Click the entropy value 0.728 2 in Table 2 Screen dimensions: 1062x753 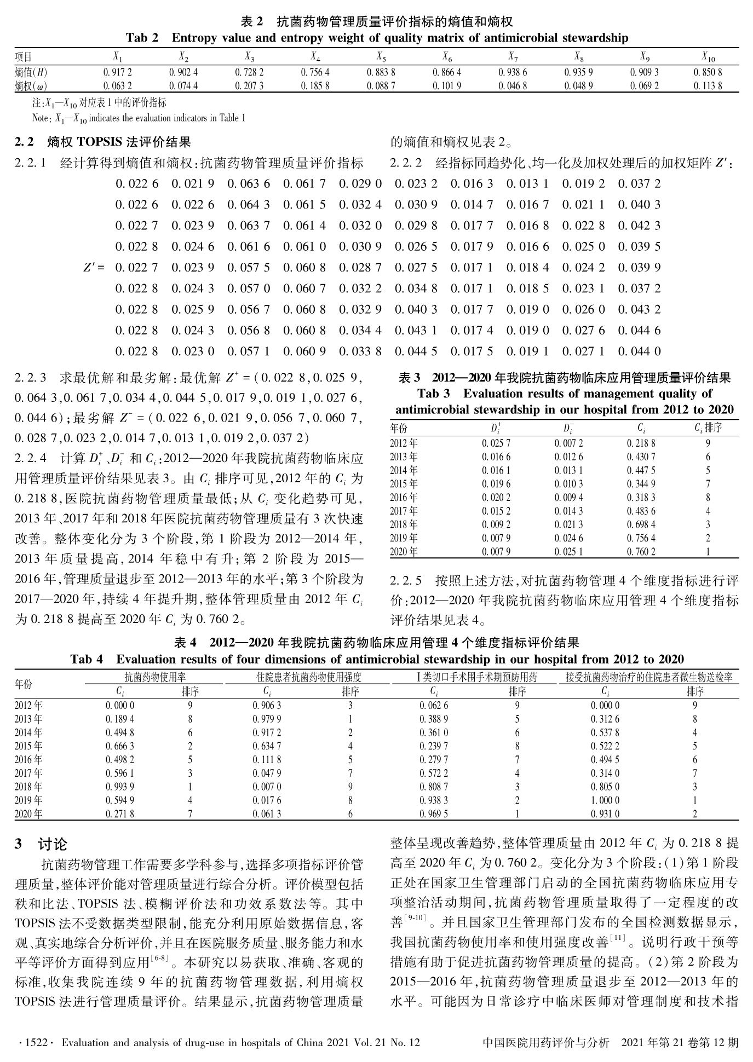pos(249,72)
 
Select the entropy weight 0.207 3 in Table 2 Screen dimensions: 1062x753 pos(249,86)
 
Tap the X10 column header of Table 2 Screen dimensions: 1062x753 pos(708,56)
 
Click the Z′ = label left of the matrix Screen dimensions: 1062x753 pos(94,268)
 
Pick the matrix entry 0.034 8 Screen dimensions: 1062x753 pos(416,288)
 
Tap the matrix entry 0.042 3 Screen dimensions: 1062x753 pos(639,226)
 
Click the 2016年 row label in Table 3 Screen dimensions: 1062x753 pos(404,498)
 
